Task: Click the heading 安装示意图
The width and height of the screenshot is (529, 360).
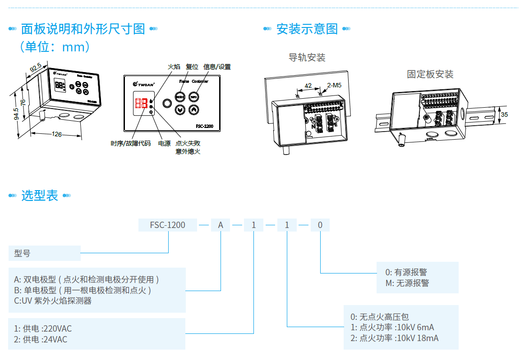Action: tap(307, 29)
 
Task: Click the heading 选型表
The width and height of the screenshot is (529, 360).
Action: tap(40, 196)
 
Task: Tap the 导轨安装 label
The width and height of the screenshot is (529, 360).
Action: tap(307, 58)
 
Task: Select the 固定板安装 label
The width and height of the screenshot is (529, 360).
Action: tap(430, 74)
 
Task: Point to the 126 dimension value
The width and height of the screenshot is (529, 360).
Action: tap(57, 134)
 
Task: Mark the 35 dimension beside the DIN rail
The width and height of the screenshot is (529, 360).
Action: tap(504, 114)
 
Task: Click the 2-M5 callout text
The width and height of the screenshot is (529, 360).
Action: tap(334, 85)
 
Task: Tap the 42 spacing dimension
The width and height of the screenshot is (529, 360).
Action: tap(308, 85)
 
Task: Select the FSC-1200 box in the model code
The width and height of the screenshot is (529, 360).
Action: tap(167, 225)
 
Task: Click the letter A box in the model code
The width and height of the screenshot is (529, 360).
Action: tap(221, 225)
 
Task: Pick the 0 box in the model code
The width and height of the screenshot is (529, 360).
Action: tap(320, 225)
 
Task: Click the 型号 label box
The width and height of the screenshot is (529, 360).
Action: tap(44, 254)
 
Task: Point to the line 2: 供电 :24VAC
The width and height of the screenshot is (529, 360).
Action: tap(41, 339)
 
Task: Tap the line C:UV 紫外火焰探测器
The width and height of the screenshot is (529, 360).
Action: tap(53, 301)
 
